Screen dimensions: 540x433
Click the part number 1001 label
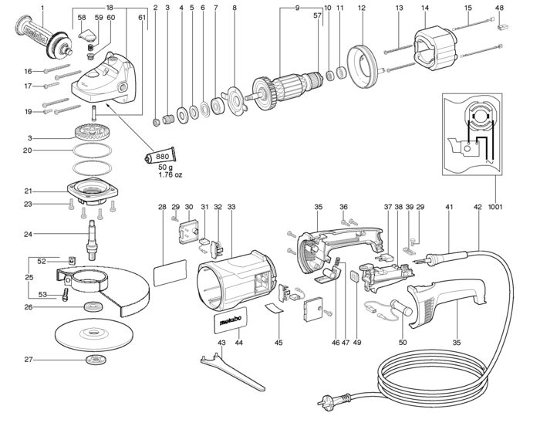495,207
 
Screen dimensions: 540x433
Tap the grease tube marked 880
160,157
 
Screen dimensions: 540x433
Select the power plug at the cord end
332,401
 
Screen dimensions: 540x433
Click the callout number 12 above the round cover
361,8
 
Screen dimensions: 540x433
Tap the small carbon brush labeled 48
503,25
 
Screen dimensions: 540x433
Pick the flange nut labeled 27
96,360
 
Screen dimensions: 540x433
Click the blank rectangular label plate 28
170,273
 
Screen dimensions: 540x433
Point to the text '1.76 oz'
170,174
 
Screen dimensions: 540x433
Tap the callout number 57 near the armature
317,15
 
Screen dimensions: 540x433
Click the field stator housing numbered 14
435,49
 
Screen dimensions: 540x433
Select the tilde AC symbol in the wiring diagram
489,161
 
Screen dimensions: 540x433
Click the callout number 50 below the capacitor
402,343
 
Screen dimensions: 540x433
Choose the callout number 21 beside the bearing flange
28,191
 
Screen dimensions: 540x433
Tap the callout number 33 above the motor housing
231,207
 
